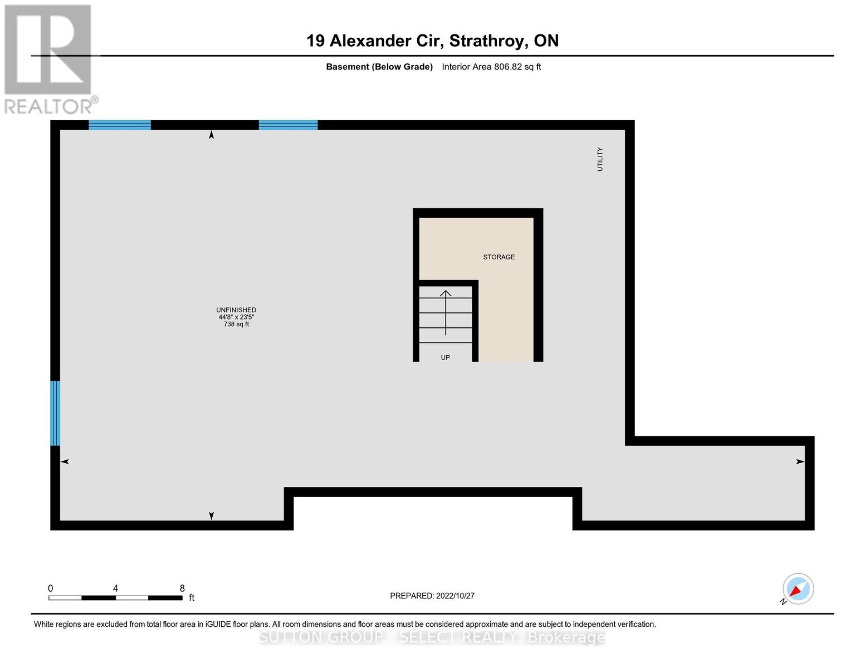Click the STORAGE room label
[499, 257]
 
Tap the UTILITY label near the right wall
[600, 159]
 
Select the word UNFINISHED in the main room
[236, 310]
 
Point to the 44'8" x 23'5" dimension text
[236, 317]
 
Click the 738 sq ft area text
[236, 325]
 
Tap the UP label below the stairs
[445, 358]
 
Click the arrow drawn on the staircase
[446, 312]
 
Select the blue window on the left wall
[55, 413]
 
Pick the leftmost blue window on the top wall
[120, 125]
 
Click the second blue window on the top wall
[288, 125]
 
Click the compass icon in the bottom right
[798, 589]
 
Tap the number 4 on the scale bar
[115, 588]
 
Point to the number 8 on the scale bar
[182, 588]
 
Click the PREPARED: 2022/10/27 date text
[432, 596]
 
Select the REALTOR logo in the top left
[50, 59]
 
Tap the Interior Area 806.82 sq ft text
[491, 67]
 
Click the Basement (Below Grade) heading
[379, 67]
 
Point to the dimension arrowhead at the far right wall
[800, 461]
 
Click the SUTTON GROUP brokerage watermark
[432, 637]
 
